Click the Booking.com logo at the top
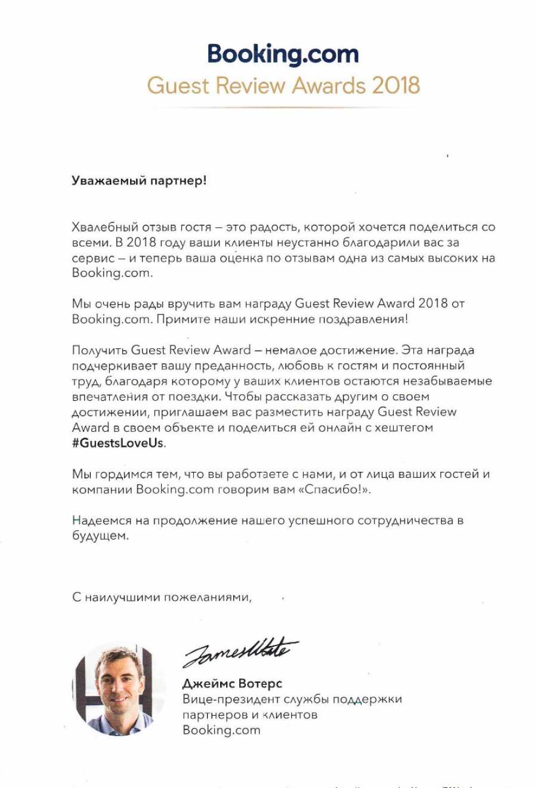[283, 55]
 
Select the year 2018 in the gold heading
[396, 85]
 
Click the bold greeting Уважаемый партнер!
[139, 180]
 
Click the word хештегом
[402, 428]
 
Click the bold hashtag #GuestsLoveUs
[118, 443]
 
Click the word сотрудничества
[406, 521]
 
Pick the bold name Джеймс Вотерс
[232, 684]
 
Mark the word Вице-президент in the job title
[226, 699]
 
